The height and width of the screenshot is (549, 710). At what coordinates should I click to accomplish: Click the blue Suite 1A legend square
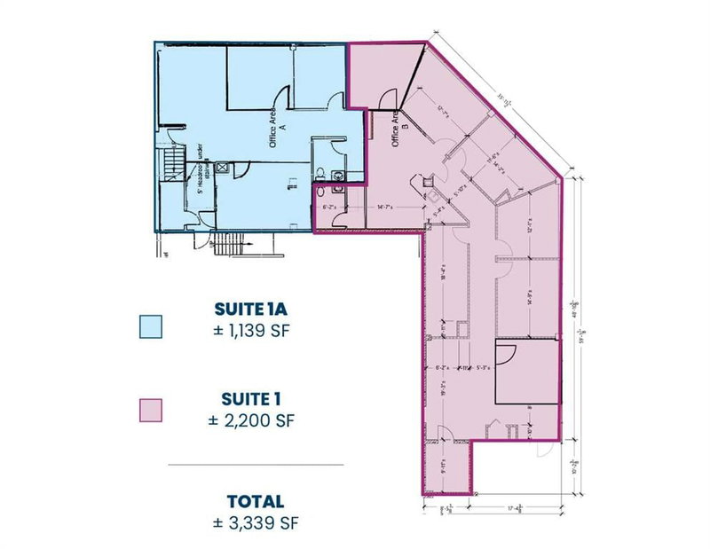(x=153, y=325)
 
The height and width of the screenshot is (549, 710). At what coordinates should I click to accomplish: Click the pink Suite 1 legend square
(x=153, y=410)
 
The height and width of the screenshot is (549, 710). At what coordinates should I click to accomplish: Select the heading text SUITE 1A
(x=255, y=310)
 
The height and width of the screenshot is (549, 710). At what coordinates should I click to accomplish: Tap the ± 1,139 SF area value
(x=255, y=332)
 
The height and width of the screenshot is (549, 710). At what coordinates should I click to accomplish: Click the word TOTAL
(x=255, y=501)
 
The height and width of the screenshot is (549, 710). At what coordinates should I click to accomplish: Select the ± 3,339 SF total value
(x=255, y=522)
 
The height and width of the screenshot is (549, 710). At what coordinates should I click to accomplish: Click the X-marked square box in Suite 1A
(x=223, y=166)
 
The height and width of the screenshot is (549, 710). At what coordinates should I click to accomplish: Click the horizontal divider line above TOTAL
(x=255, y=464)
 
